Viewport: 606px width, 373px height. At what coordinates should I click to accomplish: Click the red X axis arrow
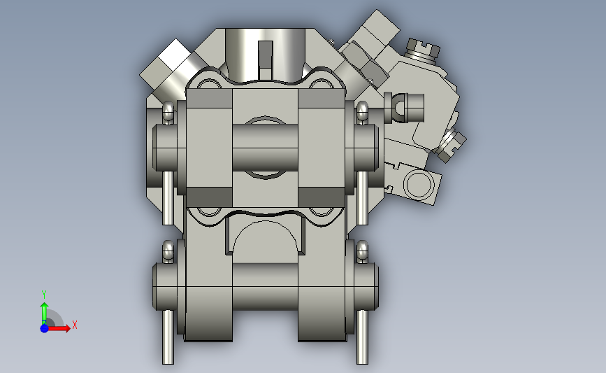tap(62, 328)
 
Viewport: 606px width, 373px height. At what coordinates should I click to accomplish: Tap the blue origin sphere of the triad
tap(44, 328)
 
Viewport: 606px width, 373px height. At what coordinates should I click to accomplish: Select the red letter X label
tap(74, 325)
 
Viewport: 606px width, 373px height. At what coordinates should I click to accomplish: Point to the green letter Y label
tap(43, 294)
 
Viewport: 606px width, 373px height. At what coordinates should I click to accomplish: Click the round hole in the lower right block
tap(419, 186)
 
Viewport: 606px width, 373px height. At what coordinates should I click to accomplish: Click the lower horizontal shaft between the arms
tap(265, 286)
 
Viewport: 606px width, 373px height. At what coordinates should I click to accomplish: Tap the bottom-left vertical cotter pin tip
tap(168, 353)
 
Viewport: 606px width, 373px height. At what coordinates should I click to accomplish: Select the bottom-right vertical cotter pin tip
tap(362, 353)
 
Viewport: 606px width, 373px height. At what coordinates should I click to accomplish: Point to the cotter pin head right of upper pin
tap(362, 112)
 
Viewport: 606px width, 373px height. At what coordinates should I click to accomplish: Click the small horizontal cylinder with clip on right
tap(410, 106)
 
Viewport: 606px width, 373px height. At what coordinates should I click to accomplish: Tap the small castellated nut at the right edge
tap(454, 142)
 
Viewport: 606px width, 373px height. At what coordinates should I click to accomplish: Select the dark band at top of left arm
tap(208, 100)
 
